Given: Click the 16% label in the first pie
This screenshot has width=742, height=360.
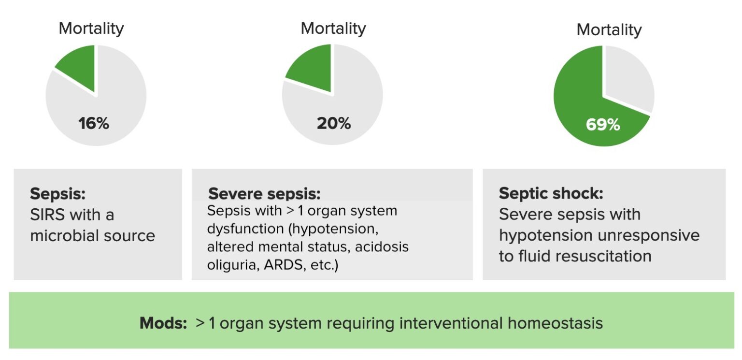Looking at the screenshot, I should pos(94,124).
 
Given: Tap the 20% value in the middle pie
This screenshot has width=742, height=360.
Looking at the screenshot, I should pos(334,124).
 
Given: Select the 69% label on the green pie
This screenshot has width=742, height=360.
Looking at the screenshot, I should pos(603,125).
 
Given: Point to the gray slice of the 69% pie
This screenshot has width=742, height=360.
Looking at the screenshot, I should pos(628,77).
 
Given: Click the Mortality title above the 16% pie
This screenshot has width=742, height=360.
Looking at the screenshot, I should pos(91,29).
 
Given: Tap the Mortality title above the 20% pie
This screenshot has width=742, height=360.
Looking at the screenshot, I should pos(333,29).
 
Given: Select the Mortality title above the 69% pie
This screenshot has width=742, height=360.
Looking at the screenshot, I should pos(609,30).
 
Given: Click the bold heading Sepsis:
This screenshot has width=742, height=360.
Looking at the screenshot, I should pos(58,194).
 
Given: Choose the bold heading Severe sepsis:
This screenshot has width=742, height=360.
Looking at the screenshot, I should pos(264,194).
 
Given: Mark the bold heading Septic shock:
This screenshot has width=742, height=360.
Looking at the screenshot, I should pos(551,194).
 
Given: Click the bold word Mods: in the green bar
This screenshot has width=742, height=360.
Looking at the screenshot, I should pos(163,323).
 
